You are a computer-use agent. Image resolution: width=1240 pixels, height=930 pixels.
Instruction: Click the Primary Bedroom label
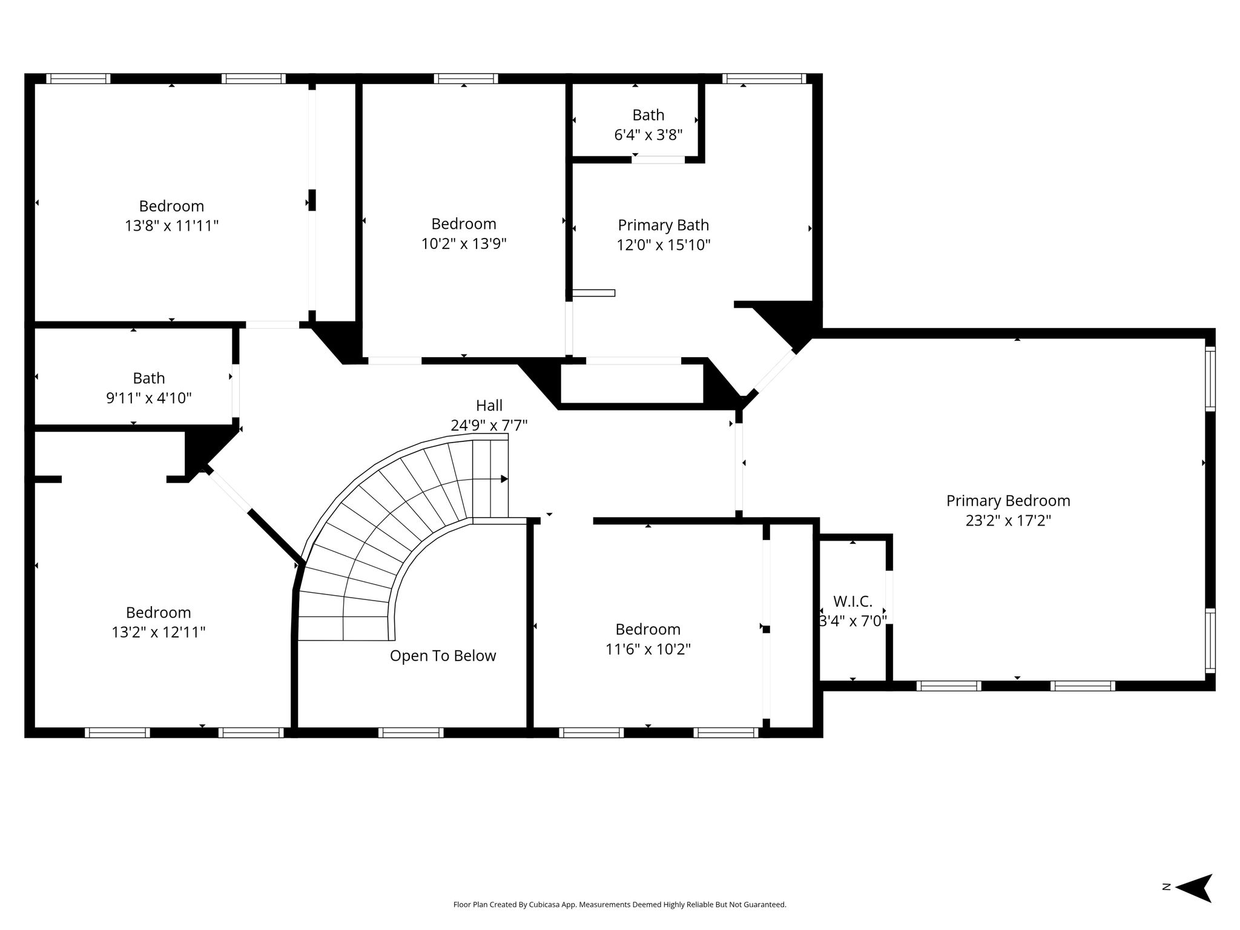point(1008,501)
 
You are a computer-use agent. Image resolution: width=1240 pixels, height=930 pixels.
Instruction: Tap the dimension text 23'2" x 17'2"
point(1008,521)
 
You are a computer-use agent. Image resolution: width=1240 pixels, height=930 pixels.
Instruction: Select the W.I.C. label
point(852,601)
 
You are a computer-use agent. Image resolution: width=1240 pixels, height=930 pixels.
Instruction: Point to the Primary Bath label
point(663,225)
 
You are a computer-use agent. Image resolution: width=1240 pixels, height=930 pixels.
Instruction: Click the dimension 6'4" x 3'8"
point(648,134)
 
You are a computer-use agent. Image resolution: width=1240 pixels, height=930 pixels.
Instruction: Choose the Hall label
point(489,405)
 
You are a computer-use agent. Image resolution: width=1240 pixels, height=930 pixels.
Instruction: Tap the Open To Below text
point(443,656)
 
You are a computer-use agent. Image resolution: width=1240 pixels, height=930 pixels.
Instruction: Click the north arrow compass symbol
point(1193,905)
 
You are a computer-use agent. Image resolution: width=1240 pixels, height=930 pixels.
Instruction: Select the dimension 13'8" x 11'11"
point(171,226)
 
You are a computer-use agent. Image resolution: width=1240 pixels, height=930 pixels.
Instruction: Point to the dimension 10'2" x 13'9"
point(464,243)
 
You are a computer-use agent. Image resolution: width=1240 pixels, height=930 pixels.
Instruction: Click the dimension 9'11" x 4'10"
point(149,398)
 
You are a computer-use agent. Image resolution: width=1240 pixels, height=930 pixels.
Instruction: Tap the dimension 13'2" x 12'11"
point(159,632)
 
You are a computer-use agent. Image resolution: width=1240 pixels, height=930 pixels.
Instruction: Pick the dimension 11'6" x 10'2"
point(648,649)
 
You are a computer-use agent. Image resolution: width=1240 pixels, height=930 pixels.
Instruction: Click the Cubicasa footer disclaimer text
point(619,905)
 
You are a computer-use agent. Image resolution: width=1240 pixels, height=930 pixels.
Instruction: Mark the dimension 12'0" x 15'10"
point(663,245)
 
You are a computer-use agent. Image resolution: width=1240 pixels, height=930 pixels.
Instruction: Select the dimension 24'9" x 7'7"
point(489,425)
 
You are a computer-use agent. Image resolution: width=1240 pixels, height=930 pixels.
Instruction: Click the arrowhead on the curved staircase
point(504,479)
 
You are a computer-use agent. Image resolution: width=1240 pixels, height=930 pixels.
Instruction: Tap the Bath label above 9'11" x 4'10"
point(149,378)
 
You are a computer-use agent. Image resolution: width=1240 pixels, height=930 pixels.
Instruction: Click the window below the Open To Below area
point(411,733)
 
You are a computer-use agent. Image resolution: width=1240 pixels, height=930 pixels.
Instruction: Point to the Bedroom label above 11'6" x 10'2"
point(648,629)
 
